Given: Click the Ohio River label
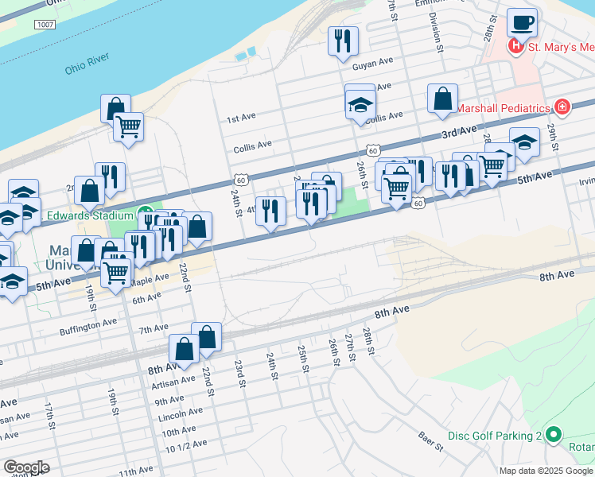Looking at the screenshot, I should [x=86, y=68].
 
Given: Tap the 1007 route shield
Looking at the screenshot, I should [x=45, y=26].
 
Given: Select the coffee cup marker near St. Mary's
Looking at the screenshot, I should [x=522, y=23].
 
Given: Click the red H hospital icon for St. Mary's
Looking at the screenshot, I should [x=516, y=47].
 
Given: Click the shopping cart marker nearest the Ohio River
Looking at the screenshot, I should [x=127, y=126].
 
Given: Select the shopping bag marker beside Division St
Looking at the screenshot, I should [x=442, y=99].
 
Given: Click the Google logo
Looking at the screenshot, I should [x=25, y=467].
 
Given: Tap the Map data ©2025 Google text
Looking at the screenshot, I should [x=546, y=471].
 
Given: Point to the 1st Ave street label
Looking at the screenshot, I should [x=241, y=118].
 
